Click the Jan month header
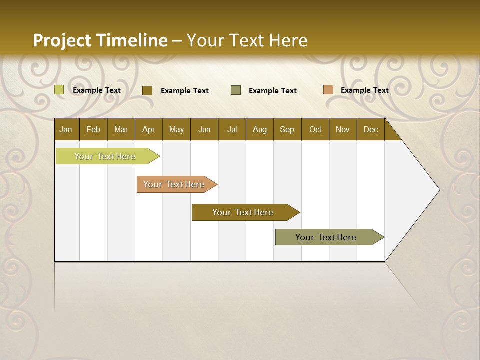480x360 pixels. pos(66,129)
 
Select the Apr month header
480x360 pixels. pos(148,129)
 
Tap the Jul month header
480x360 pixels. pos(232,129)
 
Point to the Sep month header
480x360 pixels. pos(287,129)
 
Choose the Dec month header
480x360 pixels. pos(370,129)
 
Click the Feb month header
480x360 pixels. pos(93,129)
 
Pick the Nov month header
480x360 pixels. pos(342,129)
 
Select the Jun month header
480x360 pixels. pos(204,129)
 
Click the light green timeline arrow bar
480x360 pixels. pos(105,156)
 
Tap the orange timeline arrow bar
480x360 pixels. pos(174,184)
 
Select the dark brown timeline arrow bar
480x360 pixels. pos(243,212)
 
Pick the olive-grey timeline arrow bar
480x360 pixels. pos(326,237)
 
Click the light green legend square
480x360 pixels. pos(59,90)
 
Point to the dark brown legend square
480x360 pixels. pos(147,90)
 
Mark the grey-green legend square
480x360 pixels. pos(236,90)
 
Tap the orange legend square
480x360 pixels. pos(328,90)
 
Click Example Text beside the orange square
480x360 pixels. pos(364,90)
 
